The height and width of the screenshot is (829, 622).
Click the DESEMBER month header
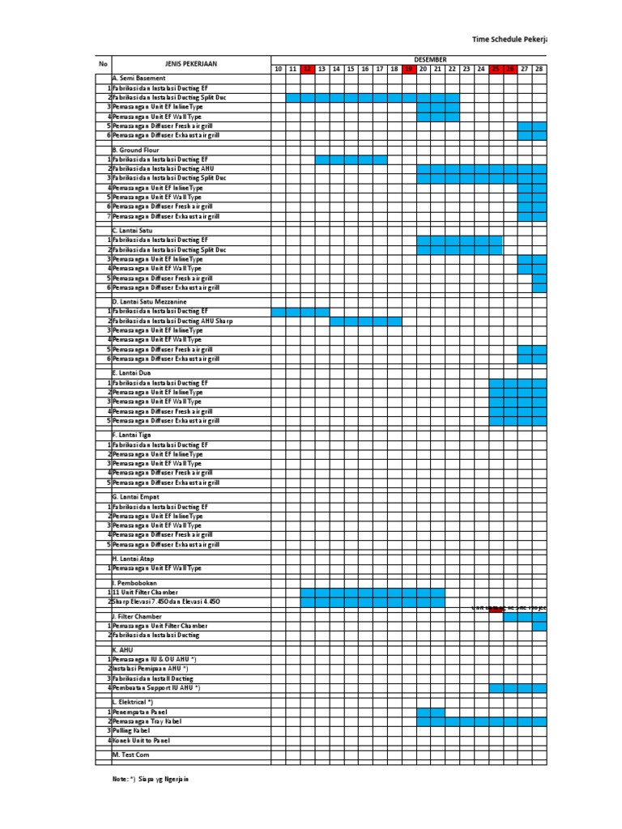[x=424, y=60]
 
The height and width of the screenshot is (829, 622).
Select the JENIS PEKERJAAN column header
[x=191, y=64]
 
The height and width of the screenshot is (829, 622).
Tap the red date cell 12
[x=307, y=70]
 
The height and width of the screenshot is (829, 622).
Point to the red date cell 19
[x=409, y=70]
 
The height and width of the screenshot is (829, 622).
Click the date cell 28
[x=539, y=70]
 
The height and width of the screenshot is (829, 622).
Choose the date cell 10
[x=278, y=70]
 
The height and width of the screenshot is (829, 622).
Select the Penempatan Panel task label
[x=140, y=712]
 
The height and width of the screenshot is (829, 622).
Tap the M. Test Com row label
[x=131, y=755]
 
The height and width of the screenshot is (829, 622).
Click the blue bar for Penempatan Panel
[x=431, y=712]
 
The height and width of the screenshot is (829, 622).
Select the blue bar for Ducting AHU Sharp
[x=365, y=321]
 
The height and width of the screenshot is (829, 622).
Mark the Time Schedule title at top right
[x=509, y=39]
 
